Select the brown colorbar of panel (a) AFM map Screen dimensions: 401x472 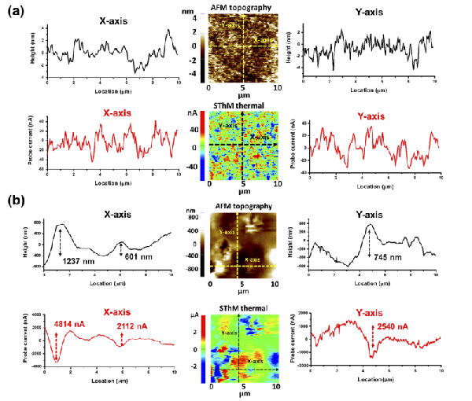(x=201, y=46)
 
